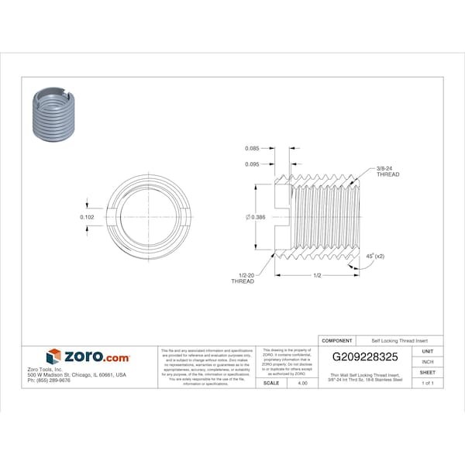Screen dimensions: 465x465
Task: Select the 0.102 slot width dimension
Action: (x=88, y=217)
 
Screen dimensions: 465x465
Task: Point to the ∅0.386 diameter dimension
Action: (x=255, y=217)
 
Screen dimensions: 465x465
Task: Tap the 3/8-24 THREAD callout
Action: (x=387, y=172)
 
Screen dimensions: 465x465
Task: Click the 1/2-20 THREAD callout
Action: (x=243, y=278)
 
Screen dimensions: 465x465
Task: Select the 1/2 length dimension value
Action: (x=318, y=276)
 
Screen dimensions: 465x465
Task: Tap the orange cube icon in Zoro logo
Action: (x=53, y=356)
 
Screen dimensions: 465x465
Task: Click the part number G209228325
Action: (x=365, y=356)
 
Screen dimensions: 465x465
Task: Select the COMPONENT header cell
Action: (x=337, y=340)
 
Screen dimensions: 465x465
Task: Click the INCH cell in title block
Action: (x=427, y=362)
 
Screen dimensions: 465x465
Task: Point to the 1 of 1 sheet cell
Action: (x=427, y=383)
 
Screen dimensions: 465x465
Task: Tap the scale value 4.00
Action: (x=302, y=383)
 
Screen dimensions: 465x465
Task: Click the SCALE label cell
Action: (x=271, y=383)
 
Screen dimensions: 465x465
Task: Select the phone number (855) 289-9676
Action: (x=48, y=381)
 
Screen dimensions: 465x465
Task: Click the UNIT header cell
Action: (x=427, y=351)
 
